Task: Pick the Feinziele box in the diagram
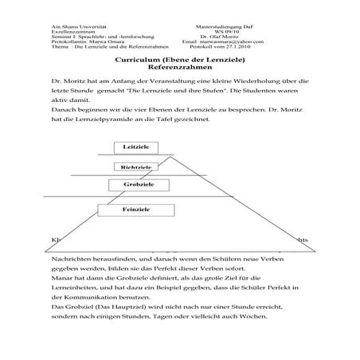tap(131, 209)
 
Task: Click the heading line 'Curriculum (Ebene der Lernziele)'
tap(179, 61)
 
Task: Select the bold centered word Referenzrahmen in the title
tap(179, 68)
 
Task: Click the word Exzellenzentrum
tap(61, 31)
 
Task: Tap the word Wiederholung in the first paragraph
tap(245, 83)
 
